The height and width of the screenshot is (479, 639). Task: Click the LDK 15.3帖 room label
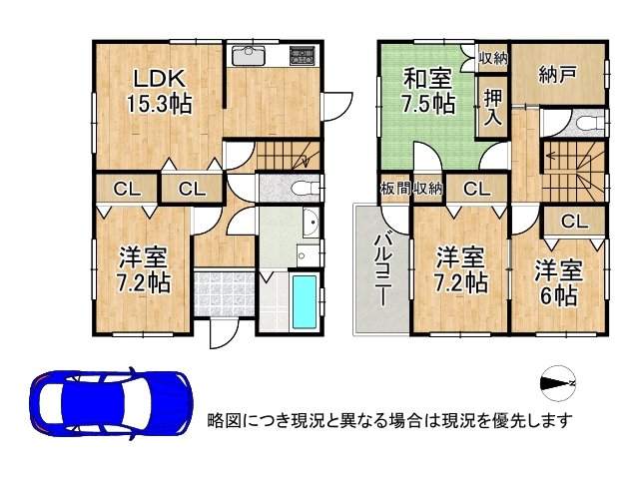click(x=157, y=91)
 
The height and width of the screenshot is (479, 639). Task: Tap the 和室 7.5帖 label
click(x=430, y=91)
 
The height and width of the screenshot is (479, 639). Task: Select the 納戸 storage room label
click(x=555, y=74)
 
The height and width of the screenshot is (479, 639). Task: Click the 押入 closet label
click(x=493, y=106)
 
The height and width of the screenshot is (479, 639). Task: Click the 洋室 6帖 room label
click(x=555, y=282)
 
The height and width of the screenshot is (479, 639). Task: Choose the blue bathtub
click(x=302, y=302)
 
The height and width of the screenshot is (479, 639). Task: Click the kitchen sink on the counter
click(x=245, y=54)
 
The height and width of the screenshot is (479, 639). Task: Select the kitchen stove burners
click(x=303, y=54)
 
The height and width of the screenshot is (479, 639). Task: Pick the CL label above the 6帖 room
click(x=573, y=222)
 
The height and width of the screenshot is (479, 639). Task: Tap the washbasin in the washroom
click(x=309, y=225)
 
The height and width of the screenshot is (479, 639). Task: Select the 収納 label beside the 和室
click(x=492, y=57)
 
